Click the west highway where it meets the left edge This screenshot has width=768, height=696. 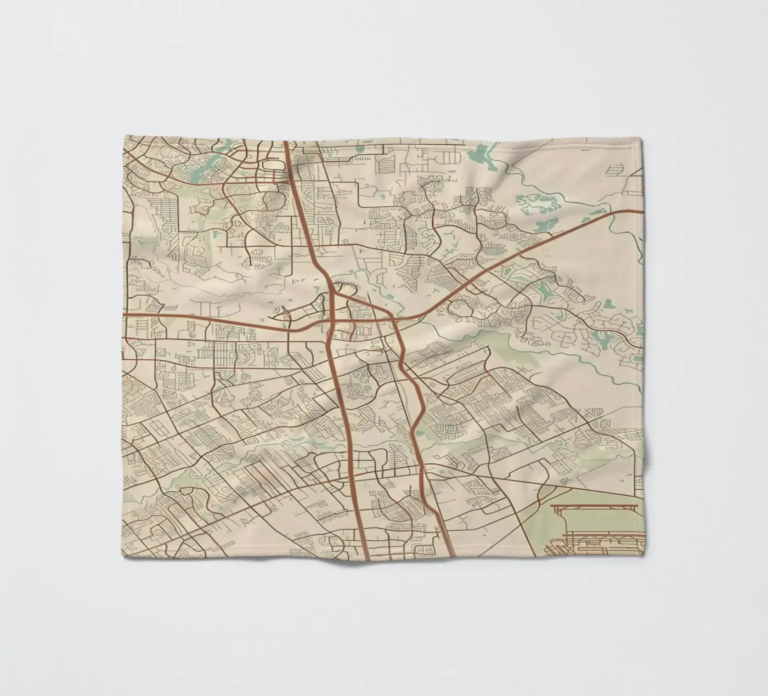pyautogui.click(x=124, y=315)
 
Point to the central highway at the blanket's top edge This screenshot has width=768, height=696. pyautogui.click(x=286, y=143)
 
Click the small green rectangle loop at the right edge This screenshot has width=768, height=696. pyautogui.click(x=638, y=359)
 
